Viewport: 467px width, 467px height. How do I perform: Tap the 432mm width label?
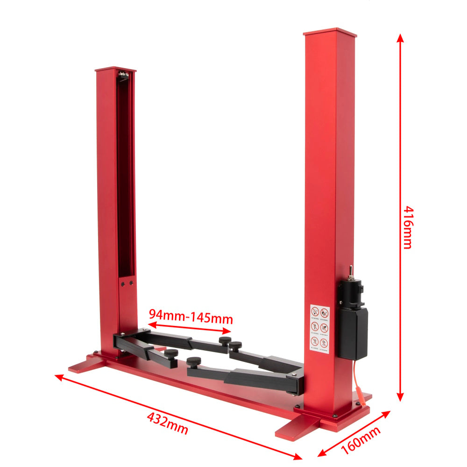pos(167,423)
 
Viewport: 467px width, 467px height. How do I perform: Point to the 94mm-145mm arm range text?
pos(191,317)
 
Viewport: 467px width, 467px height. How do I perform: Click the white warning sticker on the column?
pos(320,330)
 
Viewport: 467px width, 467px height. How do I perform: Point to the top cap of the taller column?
pos(330,33)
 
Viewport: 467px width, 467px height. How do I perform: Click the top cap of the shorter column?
pos(115,70)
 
